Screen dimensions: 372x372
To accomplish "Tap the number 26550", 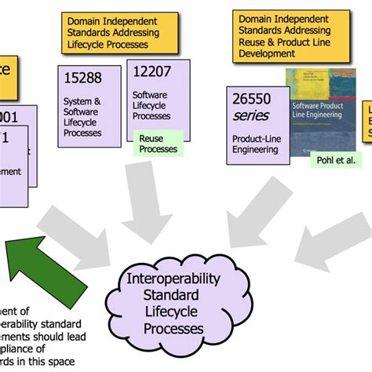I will [252, 100].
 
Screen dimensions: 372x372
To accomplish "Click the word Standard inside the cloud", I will [173, 297].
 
